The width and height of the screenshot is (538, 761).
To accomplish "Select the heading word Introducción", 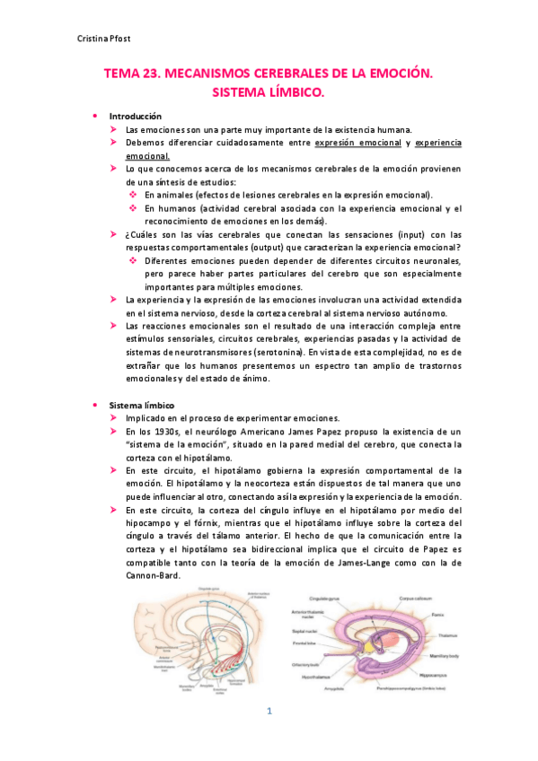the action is [x=135, y=117].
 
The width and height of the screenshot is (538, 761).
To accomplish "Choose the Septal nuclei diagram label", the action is [x=304, y=630].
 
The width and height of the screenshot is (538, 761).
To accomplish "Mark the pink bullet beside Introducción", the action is [x=93, y=117].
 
